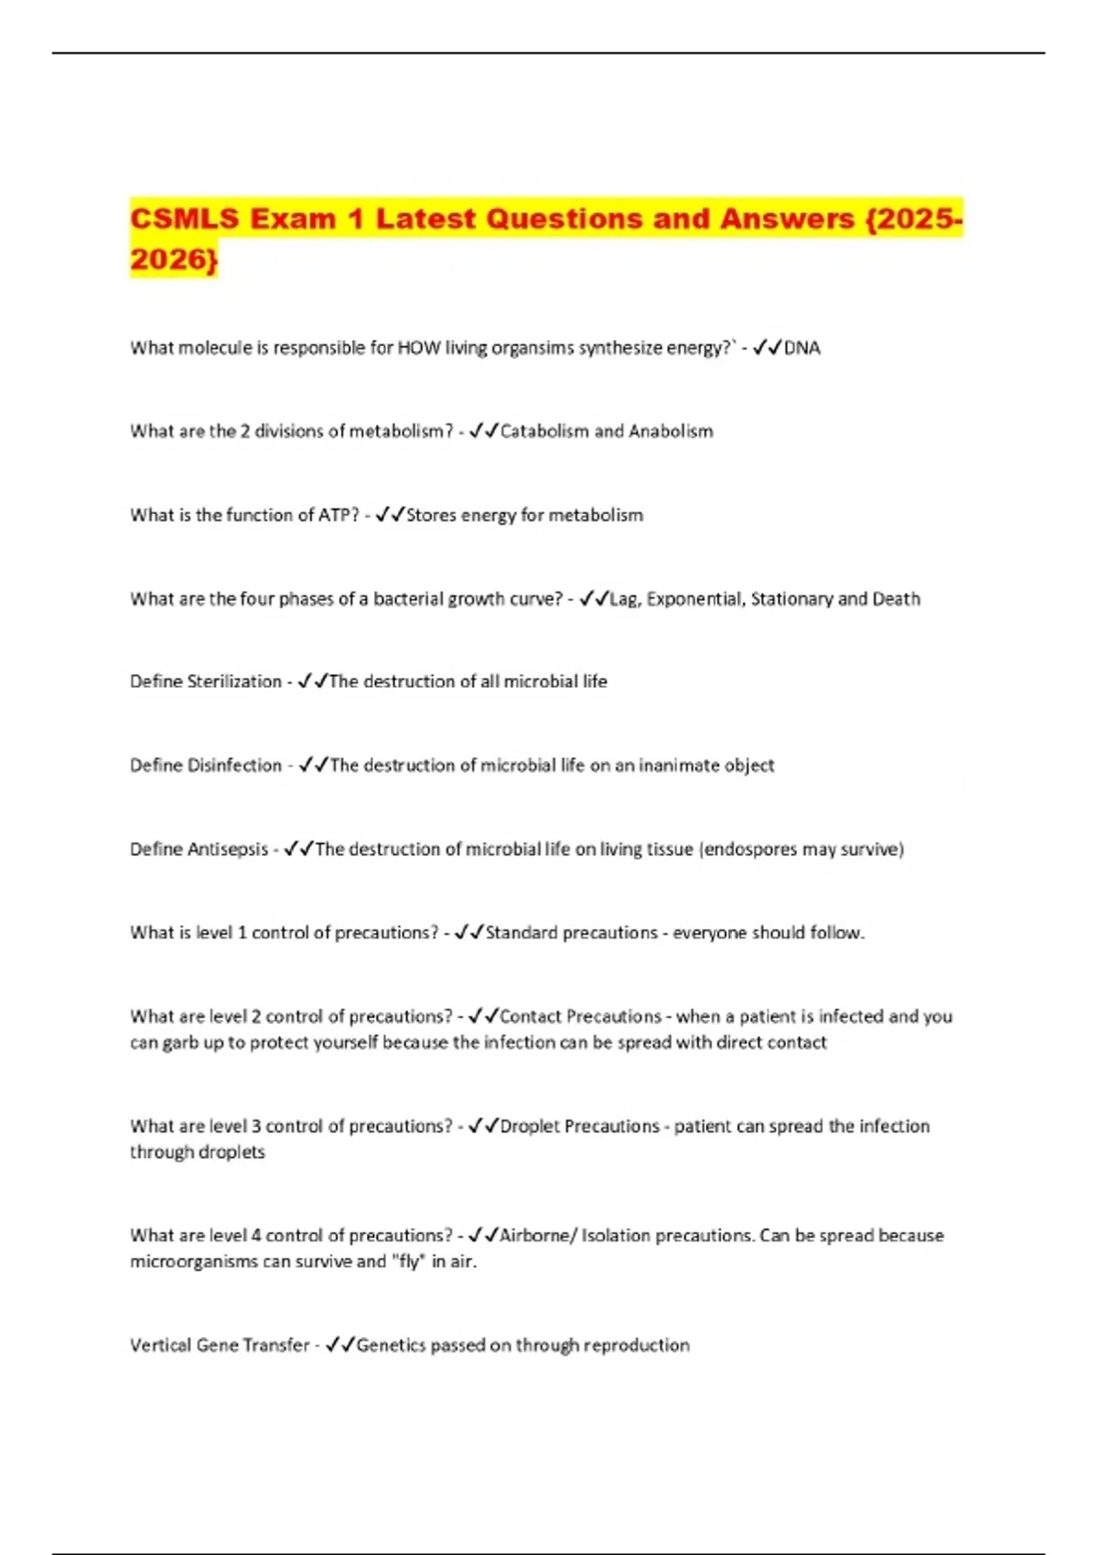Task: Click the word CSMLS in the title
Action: pos(184,220)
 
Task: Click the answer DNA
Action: pos(802,348)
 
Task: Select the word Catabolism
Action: pos(544,431)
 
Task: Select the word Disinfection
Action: pos(234,766)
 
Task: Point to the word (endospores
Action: pos(748,850)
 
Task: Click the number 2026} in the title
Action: pos(174,260)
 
